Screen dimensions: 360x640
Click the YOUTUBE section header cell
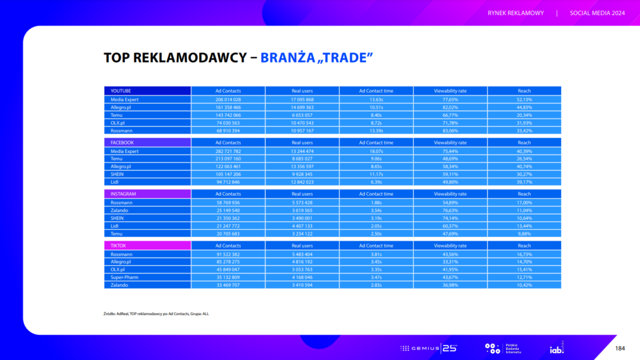(147, 91)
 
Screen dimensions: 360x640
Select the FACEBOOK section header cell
(147, 142)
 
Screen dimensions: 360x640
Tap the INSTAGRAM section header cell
(147, 194)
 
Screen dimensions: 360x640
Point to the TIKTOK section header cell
(147, 246)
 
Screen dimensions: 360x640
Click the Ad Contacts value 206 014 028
(228, 99)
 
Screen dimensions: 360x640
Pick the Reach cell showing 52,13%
(524, 99)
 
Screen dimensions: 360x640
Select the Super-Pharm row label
(147, 277)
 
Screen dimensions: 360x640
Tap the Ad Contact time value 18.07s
(376, 151)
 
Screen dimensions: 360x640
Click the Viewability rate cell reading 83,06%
(450, 131)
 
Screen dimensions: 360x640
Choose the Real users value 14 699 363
(302, 107)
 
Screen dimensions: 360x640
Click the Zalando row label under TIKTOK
(147, 285)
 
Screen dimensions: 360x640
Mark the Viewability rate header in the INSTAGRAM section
(450, 194)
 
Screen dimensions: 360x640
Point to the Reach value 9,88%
(524, 233)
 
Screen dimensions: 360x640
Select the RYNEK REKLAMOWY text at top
(516, 13)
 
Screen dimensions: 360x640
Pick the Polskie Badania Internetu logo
(502, 347)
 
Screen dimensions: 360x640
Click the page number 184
(620, 347)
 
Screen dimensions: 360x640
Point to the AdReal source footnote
(156, 313)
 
